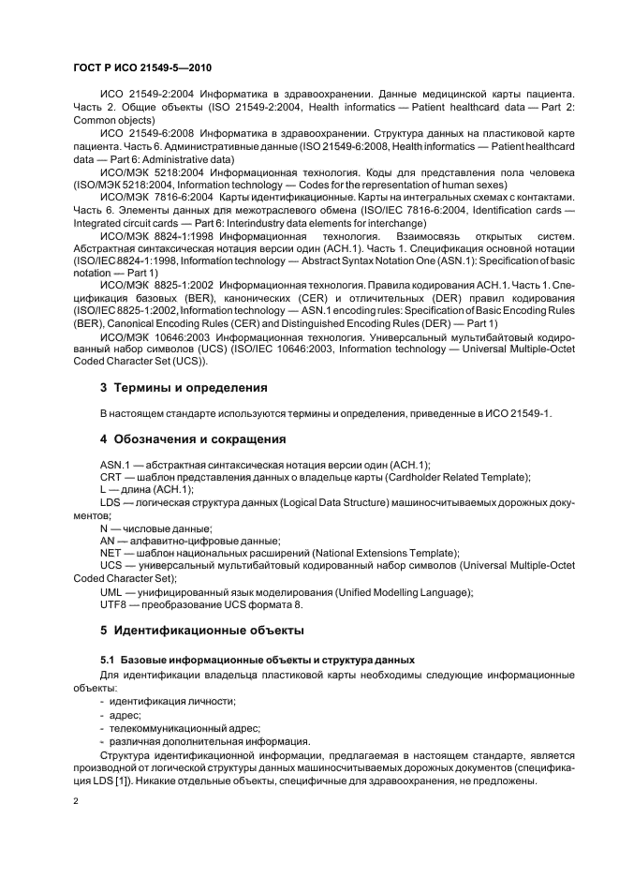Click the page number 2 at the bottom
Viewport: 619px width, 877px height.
click(x=76, y=803)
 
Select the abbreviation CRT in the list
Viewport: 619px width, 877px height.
click(x=111, y=477)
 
